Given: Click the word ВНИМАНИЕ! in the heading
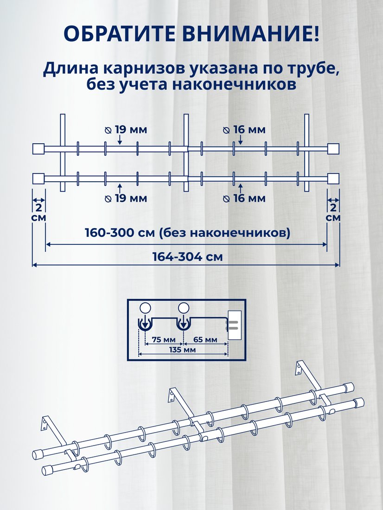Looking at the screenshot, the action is (249, 33).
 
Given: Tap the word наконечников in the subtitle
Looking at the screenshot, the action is (234, 84).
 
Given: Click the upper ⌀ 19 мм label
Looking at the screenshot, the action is (126, 130).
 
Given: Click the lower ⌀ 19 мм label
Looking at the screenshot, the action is (126, 198).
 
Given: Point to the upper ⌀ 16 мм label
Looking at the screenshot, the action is (244, 130).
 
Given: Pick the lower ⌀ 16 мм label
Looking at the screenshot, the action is (244, 198).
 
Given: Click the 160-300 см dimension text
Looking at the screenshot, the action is (187, 233).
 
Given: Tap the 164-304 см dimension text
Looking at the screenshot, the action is (188, 257).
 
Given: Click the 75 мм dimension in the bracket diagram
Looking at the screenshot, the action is (164, 340).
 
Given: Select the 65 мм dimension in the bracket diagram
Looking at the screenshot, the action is (205, 340).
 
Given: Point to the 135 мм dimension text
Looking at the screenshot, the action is (183, 350).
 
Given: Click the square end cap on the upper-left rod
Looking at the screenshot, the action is (38, 149).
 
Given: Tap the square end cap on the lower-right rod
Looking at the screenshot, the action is (333, 178).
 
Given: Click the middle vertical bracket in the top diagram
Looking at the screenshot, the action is (186, 153).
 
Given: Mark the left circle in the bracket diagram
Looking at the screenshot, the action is (145, 307).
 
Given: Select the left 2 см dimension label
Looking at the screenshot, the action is (38, 212).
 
